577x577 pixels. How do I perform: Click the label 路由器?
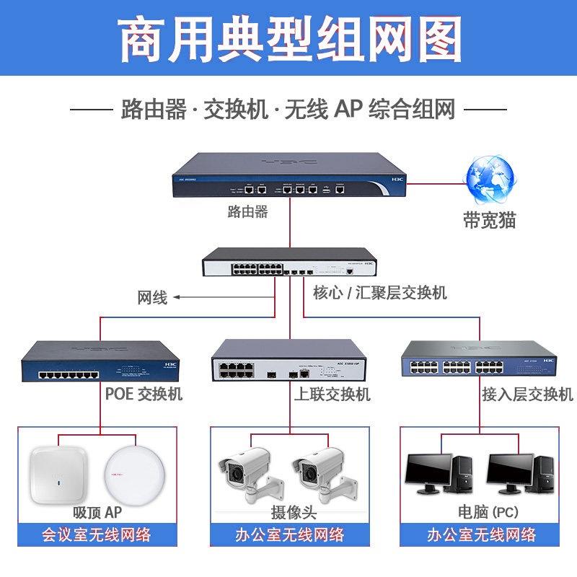247,212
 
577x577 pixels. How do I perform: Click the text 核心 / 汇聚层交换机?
380,293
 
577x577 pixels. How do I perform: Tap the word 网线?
152,297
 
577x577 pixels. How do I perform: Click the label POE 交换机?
144,395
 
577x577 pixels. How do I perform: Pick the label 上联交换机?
332,395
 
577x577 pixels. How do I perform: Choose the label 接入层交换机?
527,395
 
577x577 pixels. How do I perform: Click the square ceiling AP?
58,477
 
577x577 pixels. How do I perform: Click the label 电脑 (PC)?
488,512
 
